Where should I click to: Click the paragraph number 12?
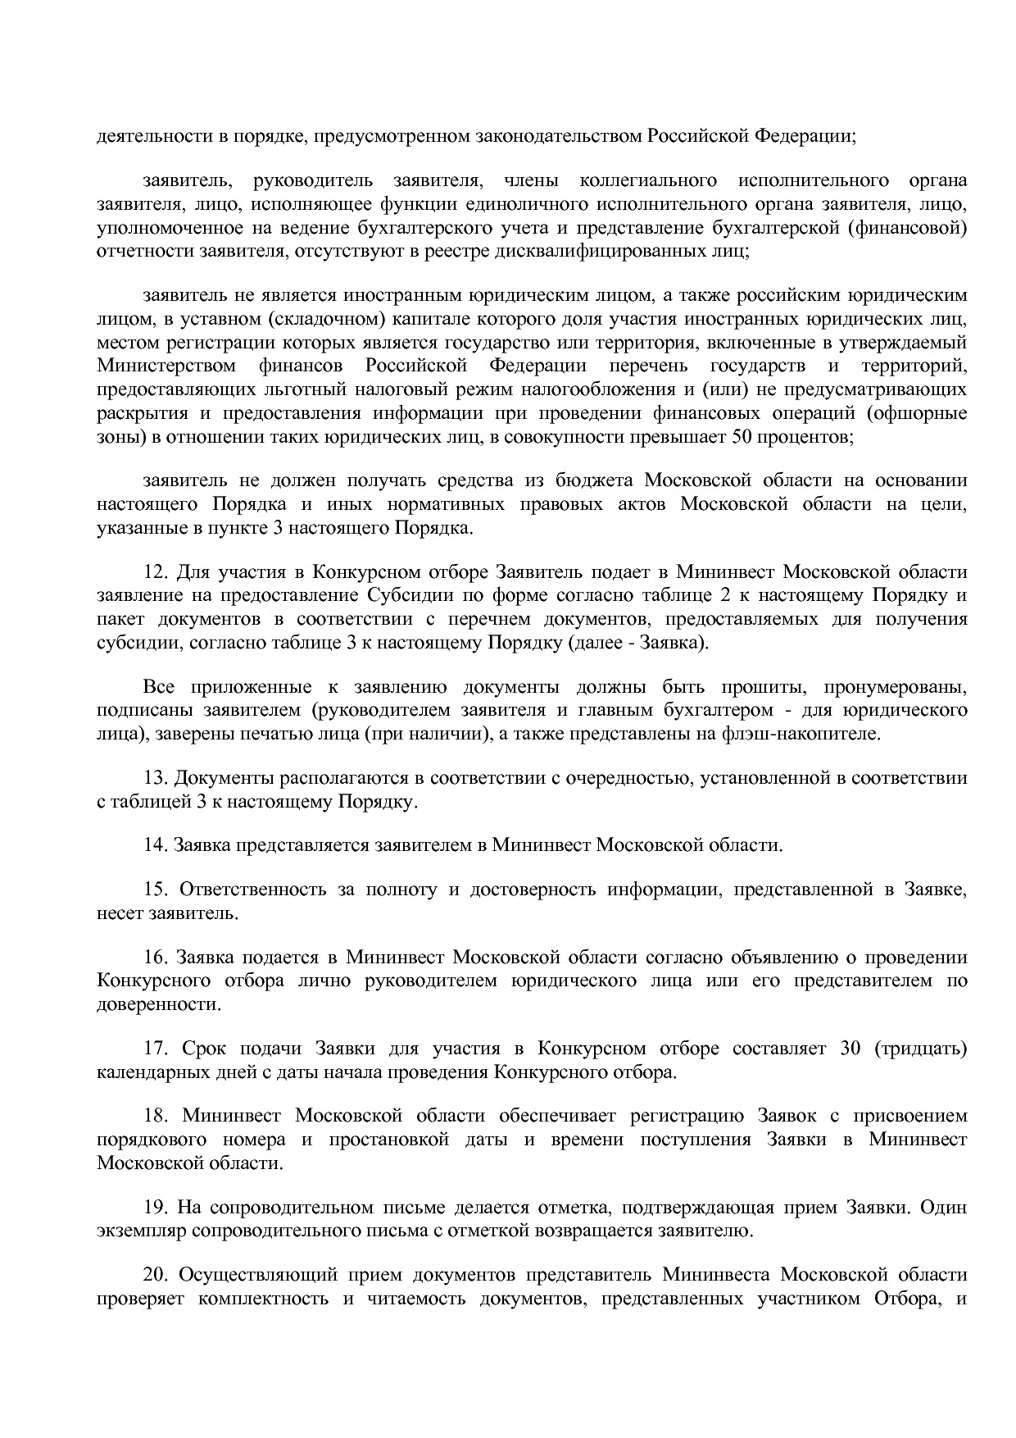(155, 572)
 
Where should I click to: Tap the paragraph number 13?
(155, 778)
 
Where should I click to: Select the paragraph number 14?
(155, 845)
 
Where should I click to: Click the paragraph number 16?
(155, 958)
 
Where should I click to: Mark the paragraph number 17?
(155, 1049)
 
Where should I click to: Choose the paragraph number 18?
(155, 1117)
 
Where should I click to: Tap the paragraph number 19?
(155, 1208)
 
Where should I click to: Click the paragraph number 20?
(155, 1276)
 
